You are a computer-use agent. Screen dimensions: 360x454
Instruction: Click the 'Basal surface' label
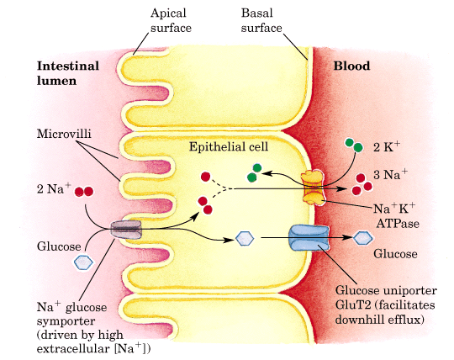point(263,20)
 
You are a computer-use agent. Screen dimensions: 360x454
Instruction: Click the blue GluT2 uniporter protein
point(304,238)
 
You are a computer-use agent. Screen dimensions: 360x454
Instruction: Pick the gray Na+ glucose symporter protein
point(128,229)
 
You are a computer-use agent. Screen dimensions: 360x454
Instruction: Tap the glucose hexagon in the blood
point(362,238)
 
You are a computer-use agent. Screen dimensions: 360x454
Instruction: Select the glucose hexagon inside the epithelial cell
point(244,238)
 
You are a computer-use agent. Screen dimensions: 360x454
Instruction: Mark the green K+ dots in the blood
point(355,146)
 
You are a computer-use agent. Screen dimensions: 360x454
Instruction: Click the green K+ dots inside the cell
point(253,173)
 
